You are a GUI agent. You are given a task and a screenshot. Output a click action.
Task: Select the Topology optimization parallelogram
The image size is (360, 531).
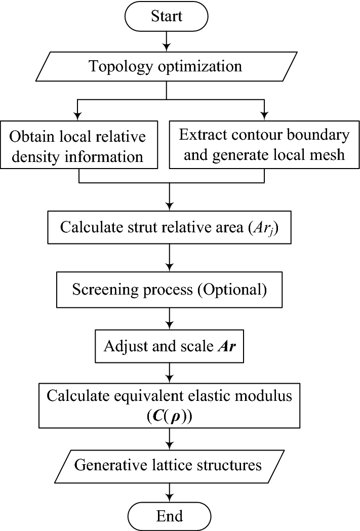click(x=167, y=67)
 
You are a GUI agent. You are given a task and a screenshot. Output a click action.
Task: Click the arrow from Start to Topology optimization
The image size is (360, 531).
click(x=167, y=40)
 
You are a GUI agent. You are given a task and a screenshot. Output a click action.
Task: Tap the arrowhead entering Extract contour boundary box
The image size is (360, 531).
click(x=264, y=114)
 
